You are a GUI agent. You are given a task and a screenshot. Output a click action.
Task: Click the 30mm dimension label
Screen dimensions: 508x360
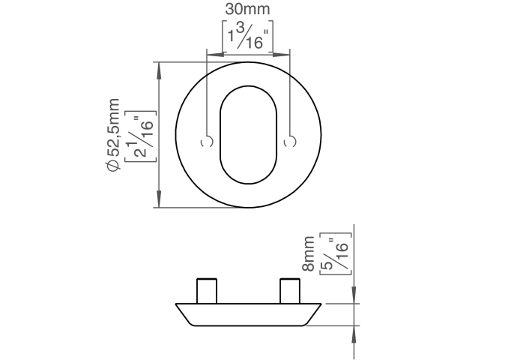pyautogui.click(x=247, y=9)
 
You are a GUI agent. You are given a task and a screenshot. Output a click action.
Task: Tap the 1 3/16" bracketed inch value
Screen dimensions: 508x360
pyautogui.click(x=248, y=36)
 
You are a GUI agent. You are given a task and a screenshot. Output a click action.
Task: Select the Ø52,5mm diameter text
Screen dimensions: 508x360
pyautogui.click(x=113, y=134)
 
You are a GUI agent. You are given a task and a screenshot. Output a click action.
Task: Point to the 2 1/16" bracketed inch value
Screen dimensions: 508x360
pyautogui.click(x=141, y=136)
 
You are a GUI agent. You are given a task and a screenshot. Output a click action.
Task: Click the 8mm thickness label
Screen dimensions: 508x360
pyautogui.click(x=308, y=253)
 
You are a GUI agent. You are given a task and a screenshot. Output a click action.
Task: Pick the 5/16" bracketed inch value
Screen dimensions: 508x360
pyautogui.click(x=336, y=253)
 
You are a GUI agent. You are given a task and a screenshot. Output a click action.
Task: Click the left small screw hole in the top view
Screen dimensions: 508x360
pyautogui.click(x=208, y=142)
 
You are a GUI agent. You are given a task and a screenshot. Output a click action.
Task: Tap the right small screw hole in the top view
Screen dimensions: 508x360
pyautogui.click(x=290, y=142)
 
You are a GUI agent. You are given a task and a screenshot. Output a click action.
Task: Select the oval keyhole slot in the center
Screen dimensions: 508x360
pyautogui.click(x=249, y=135)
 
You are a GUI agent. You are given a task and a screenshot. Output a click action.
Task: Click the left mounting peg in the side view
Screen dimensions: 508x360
pyautogui.click(x=207, y=291)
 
